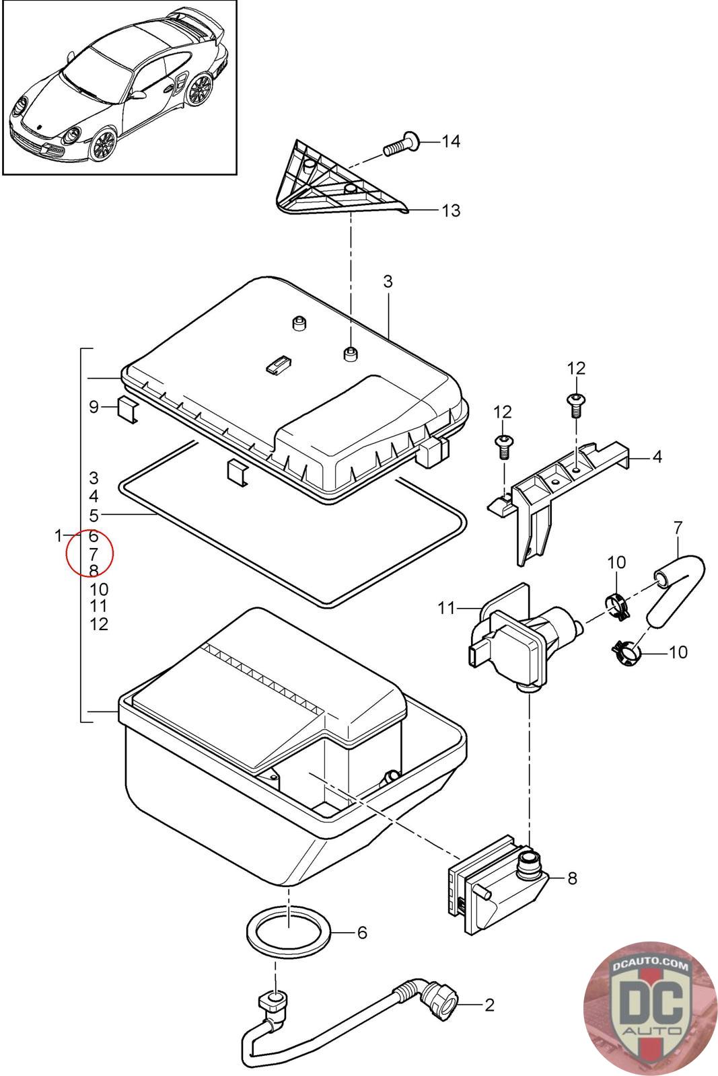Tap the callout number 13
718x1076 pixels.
point(451,211)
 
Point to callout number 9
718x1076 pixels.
point(94,407)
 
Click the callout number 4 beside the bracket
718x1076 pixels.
point(657,457)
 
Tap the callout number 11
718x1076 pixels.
point(447,609)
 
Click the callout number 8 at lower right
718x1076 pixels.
point(572,878)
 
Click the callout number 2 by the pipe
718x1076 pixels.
point(489,1005)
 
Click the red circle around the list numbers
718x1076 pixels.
point(90,553)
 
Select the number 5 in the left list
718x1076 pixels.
point(94,516)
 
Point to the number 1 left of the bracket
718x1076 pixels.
point(59,535)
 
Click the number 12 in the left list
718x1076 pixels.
point(98,624)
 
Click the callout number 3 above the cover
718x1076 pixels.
point(388,281)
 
